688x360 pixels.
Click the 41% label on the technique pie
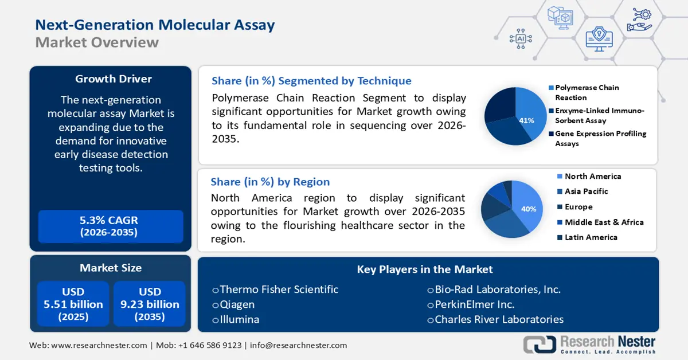coord(526,120)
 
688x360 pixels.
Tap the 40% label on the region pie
coord(528,209)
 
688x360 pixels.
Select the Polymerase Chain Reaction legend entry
coord(587,92)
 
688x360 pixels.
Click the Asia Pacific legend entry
coord(586,191)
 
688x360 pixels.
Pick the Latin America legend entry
coord(591,237)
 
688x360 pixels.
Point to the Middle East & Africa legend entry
coord(604,222)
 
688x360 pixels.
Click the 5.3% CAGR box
coord(109,226)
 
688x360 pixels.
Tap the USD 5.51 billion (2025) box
coord(73,304)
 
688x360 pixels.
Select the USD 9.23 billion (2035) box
coord(150,304)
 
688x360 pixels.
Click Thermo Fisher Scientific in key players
coord(279,289)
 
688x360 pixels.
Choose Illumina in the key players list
coord(239,319)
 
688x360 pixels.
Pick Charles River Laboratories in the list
coord(499,319)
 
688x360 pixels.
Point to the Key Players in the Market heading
coord(425,269)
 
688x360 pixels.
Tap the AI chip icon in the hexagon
coord(521,38)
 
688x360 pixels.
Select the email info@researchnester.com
coord(298,345)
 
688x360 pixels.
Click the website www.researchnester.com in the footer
coord(99,345)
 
